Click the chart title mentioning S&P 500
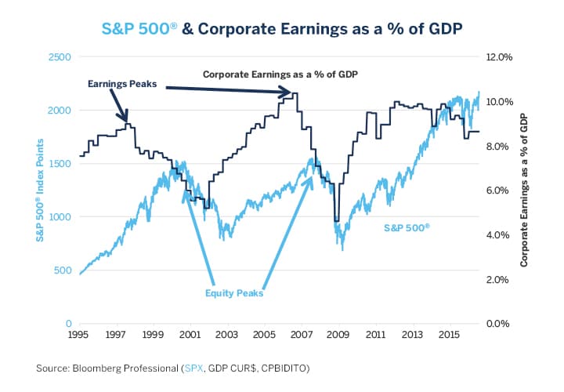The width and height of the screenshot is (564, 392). click(282, 28)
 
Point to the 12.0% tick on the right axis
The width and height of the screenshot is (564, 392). click(500, 57)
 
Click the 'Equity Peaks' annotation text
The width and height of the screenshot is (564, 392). click(233, 294)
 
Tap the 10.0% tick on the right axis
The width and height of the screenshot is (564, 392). click(500, 102)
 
